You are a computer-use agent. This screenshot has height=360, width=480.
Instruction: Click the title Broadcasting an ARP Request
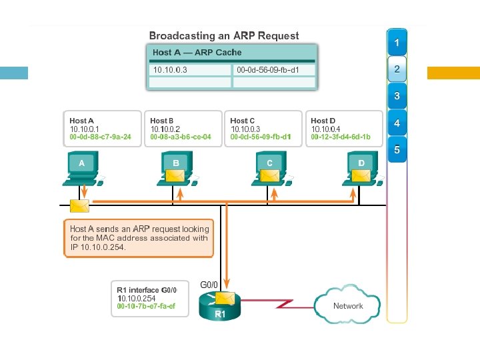click(x=223, y=36)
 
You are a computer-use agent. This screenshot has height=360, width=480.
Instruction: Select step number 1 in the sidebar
click(x=397, y=43)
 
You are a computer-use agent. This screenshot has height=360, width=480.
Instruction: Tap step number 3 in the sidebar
click(x=397, y=97)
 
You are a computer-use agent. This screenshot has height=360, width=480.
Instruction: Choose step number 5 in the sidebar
click(x=397, y=151)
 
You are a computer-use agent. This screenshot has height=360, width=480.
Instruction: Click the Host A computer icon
click(x=82, y=166)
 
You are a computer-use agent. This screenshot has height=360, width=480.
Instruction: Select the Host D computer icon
click(x=361, y=166)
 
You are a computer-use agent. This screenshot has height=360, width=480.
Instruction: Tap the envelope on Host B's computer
click(x=175, y=175)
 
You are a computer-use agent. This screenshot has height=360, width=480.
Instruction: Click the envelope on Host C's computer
click(x=269, y=175)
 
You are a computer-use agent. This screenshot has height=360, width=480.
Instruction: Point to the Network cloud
click(x=347, y=306)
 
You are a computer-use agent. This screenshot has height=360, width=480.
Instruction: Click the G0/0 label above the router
click(x=209, y=285)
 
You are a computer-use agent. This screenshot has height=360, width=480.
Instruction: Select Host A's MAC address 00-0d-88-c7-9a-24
click(x=100, y=137)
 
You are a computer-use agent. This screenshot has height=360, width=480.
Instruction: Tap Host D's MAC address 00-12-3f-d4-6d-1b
click(x=341, y=137)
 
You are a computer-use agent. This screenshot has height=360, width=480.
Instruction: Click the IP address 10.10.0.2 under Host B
click(x=165, y=129)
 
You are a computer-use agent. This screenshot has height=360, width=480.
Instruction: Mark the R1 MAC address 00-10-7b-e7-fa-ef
click(x=146, y=307)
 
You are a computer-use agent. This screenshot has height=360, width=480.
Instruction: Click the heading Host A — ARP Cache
click(x=197, y=53)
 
